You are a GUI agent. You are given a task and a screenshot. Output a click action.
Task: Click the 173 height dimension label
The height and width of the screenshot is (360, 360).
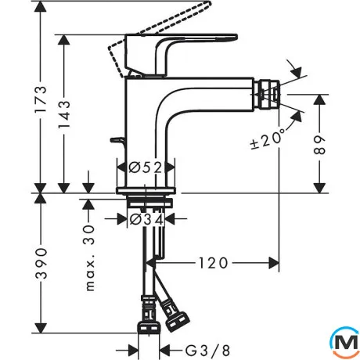click(x=41, y=99)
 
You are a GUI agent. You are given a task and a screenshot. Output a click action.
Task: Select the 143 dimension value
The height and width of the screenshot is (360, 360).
click(x=64, y=114)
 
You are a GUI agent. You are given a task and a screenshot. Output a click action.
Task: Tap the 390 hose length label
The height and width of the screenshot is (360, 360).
click(x=41, y=263)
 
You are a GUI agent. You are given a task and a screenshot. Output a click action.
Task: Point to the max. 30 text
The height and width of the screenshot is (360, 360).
click(x=89, y=257)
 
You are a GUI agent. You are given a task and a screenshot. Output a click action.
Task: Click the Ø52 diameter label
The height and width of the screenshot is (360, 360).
click(x=146, y=167)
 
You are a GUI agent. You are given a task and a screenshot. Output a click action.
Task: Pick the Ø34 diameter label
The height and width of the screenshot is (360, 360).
click(x=146, y=219)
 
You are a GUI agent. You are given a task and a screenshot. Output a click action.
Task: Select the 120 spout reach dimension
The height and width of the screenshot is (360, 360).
click(x=214, y=263)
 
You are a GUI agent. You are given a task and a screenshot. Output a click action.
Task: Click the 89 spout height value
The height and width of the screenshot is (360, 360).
click(x=319, y=145)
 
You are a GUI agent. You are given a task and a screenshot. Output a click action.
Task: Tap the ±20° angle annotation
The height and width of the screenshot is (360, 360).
click(x=268, y=139)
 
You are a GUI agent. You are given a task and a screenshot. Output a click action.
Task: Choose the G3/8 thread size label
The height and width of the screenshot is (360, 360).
click(x=207, y=351)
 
